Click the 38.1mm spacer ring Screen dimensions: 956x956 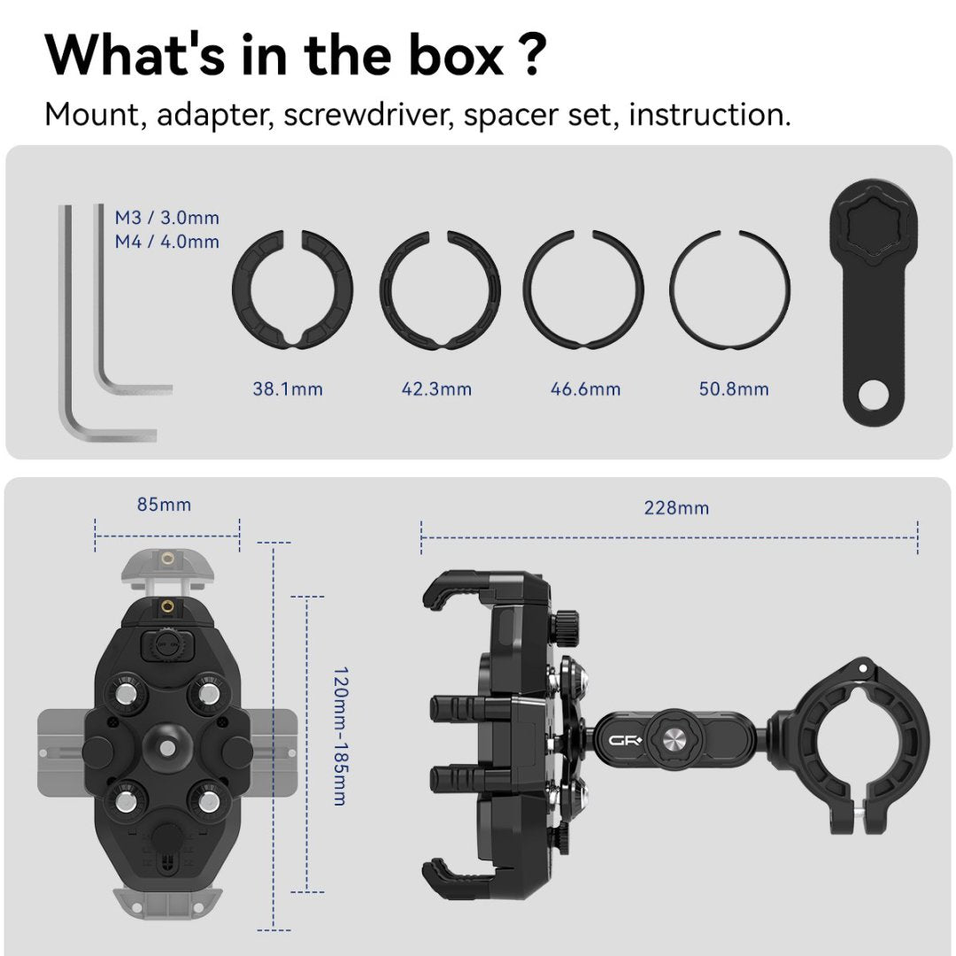239,289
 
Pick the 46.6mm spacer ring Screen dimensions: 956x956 528,289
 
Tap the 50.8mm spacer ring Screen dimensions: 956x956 672,289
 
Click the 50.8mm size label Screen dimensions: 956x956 734,389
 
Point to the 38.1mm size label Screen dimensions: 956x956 288,389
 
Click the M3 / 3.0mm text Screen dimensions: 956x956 167,218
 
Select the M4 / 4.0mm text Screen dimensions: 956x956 167,242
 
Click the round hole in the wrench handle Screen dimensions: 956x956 873,395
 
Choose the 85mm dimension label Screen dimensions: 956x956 164,505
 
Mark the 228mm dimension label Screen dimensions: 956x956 677,508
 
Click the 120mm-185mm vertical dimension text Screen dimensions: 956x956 341,736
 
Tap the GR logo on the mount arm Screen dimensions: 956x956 625,741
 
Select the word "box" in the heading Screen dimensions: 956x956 456,56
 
